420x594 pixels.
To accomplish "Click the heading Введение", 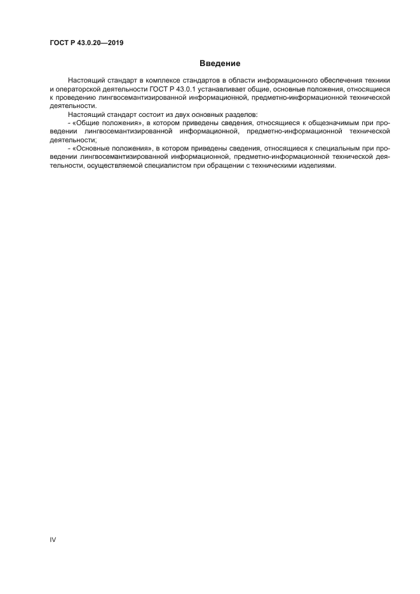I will click(x=220, y=63).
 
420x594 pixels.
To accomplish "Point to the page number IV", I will click(x=53, y=539).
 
